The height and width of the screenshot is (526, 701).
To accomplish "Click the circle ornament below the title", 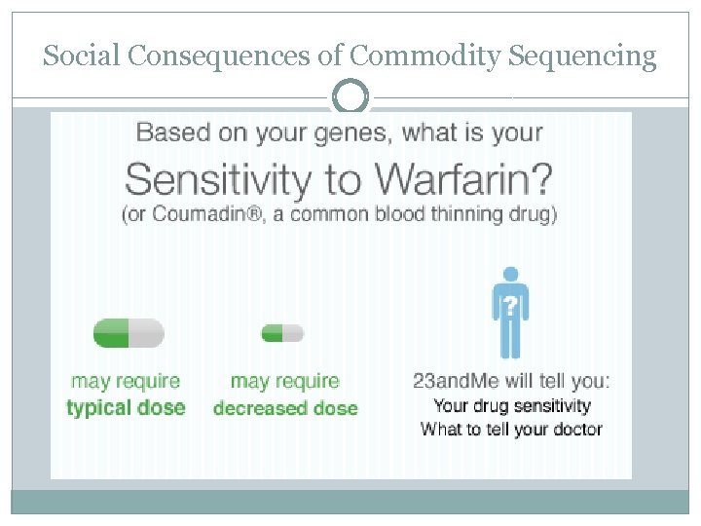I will point(350,97).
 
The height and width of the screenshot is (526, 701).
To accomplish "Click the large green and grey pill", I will point(128,333).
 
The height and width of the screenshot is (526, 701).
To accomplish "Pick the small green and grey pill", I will point(282,333).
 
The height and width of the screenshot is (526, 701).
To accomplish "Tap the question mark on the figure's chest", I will point(510,307).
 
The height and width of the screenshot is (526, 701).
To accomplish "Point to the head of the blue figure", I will point(510,276).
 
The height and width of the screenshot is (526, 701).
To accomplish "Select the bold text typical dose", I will point(126,407).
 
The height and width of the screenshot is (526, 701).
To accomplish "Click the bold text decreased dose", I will point(284,408).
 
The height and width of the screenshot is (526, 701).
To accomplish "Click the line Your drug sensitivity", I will point(511,405).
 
